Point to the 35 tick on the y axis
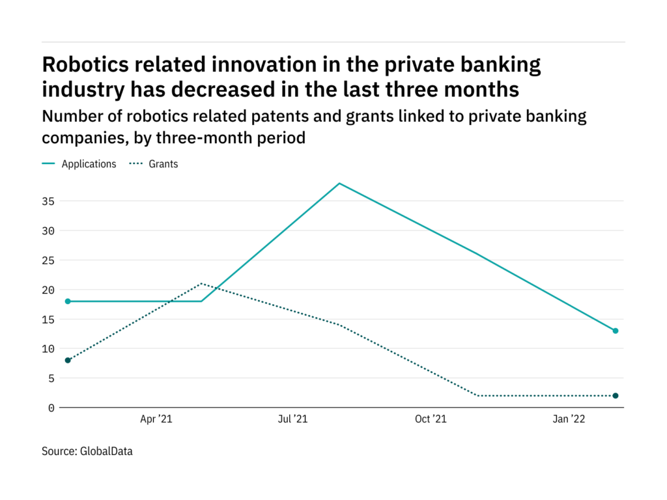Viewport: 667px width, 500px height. tap(50, 201)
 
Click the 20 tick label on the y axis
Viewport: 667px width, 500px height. tap(50, 290)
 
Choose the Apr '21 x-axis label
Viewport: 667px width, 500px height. tap(157, 420)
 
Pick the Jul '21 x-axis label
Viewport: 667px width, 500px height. tap(292, 420)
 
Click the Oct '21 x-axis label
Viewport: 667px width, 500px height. tap(431, 420)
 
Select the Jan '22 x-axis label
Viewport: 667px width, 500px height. tap(569, 420)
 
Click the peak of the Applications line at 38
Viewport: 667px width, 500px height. tap(339, 183)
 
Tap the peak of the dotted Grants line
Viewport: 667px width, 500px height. tap(201, 283)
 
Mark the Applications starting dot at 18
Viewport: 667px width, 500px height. tap(67, 301)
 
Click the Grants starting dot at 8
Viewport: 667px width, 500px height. tap(67, 360)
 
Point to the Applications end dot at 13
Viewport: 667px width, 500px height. tap(616, 331)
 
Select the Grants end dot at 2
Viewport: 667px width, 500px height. tap(616, 396)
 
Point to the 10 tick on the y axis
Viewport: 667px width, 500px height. tap(50, 349)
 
